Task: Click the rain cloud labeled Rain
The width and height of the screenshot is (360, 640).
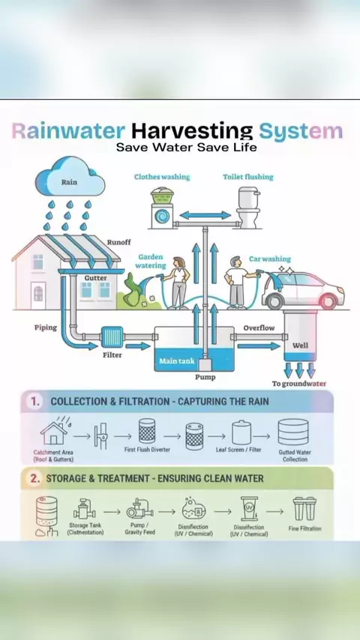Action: (x=70, y=178)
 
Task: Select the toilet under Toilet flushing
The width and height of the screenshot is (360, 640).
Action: (x=248, y=208)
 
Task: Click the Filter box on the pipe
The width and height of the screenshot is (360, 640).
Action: (x=112, y=336)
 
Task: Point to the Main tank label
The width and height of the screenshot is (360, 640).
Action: (x=177, y=360)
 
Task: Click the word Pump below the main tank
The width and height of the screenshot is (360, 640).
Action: (x=205, y=377)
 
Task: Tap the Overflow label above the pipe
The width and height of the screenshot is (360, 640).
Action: (x=259, y=327)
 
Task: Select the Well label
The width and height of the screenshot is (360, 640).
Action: (x=300, y=345)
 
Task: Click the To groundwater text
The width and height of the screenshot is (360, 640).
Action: (x=299, y=384)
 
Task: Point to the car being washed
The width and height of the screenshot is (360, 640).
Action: (x=303, y=290)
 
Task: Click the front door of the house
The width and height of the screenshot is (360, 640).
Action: (x=38, y=295)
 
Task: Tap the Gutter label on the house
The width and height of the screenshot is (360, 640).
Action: (x=95, y=278)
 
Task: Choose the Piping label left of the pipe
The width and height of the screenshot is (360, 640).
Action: (x=45, y=327)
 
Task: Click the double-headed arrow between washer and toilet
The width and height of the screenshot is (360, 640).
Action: (x=205, y=215)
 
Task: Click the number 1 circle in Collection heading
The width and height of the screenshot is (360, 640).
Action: (x=35, y=402)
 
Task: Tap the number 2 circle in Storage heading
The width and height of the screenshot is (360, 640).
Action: (x=35, y=478)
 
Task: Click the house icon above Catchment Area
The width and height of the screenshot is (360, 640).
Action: (x=53, y=432)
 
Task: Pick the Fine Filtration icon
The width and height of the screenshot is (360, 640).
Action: (x=304, y=508)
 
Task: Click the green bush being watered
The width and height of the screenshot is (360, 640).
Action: (x=133, y=291)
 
